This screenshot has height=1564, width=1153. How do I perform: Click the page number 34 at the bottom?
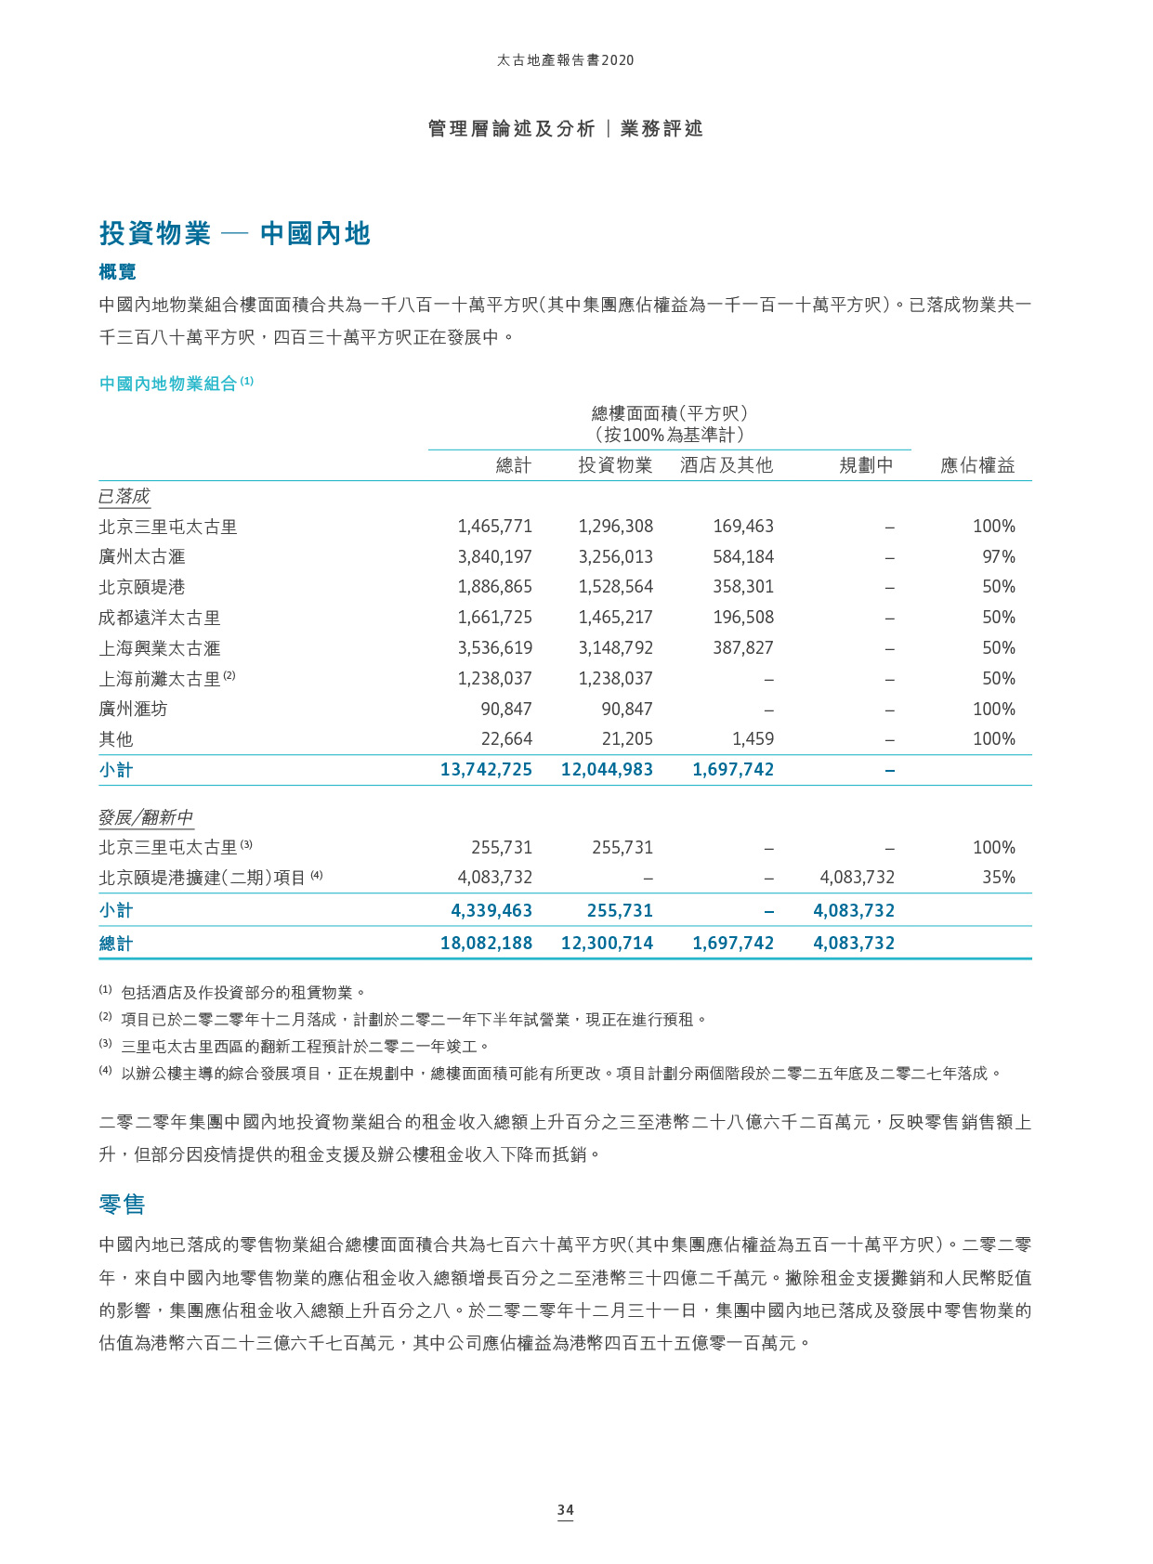click(x=565, y=1509)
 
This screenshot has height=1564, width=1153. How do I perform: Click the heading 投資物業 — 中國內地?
click(x=234, y=233)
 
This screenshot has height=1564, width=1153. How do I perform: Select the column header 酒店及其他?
click(x=726, y=465)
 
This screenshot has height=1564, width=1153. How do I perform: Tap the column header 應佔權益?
click(x=977, y=465)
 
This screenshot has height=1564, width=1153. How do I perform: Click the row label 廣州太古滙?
click(x=142, y=556)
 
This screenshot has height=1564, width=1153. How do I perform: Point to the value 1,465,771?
click(x=494, y=527)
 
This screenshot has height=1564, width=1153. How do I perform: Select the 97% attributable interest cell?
click(x=998, y=556)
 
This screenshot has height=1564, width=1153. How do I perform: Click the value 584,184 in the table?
click(x=743, y=556)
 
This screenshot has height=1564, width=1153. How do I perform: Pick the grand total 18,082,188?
click(x=486, y=943)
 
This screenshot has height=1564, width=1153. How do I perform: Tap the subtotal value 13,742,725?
click(x=486, y=769)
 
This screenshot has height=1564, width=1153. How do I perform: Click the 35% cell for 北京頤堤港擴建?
click(x=998, y=877)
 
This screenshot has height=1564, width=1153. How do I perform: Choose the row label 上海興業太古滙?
click(x=160, y=648)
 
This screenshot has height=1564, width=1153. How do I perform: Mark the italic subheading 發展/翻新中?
click(x=146, y=817)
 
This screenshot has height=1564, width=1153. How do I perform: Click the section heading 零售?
click(x=122, y=1205)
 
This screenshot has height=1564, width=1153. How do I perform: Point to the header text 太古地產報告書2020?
click(x=565, y=60)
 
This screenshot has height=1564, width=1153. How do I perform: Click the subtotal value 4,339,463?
click(x=491, y=910)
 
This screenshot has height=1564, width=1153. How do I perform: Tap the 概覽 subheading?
click(x=118, y=271)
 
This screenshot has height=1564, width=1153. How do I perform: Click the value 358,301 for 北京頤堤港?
click(x=743, y=587)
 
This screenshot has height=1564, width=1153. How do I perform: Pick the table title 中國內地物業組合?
click(x=168, y=384)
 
